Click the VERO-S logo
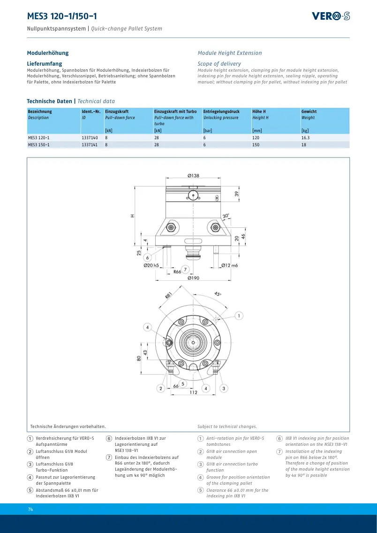pos(331,16)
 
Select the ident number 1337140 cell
pos(90,138)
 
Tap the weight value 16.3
pos(305,138)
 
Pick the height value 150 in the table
pos(256,144)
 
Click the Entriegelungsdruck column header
pos(221,112)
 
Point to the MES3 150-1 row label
pos(38,144)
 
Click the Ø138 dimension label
pos(194,176)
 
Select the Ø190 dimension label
pos(194,278)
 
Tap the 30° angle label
pos(226,216)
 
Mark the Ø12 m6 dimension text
pos(230,265)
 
